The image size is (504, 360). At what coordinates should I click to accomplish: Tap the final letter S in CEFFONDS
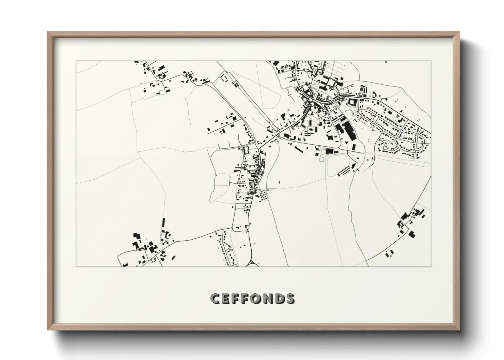(290, 298)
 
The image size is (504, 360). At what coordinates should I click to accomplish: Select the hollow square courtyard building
(351, 101)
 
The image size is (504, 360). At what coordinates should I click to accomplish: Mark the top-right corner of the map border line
(431, 61)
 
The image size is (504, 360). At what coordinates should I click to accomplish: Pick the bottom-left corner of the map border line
(76, 266)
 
